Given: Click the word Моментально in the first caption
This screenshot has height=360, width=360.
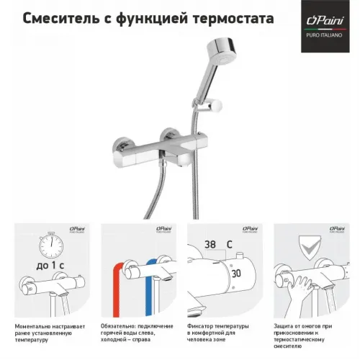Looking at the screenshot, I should pos(32,326).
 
